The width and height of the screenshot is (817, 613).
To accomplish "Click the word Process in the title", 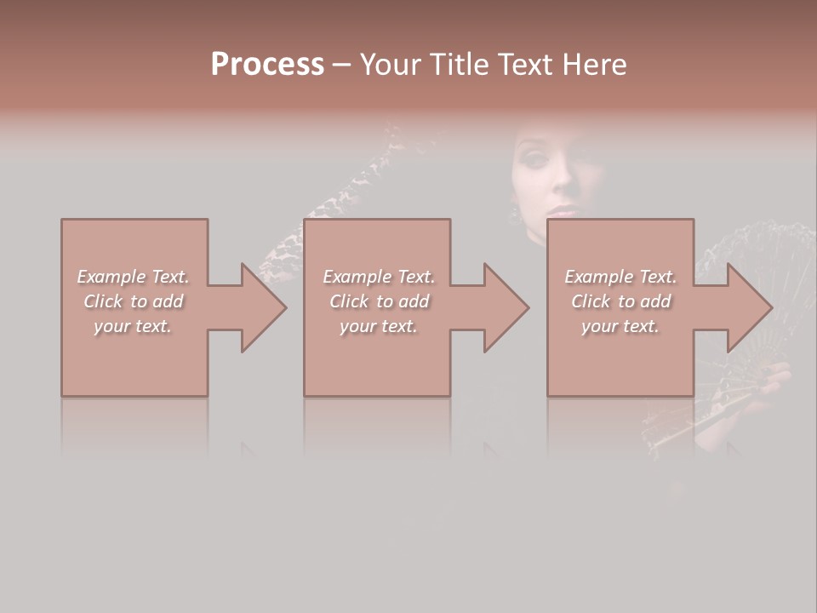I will click(267, 65).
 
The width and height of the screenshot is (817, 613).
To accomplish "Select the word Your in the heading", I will click(391, 65).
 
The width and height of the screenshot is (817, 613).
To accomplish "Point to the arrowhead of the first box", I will click(260, 307).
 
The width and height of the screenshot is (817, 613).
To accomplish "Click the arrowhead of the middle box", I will click(504, 307).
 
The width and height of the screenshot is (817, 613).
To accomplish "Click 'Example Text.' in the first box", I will click(133, 277).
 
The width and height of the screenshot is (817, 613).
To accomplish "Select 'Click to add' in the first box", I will click(134, 301).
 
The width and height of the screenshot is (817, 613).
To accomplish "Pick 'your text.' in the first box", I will click(133, 326).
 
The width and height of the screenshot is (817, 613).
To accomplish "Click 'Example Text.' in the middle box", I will click(379, 277).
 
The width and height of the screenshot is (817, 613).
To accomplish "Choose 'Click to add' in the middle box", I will click(380, 301).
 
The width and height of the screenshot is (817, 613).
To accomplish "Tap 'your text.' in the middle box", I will click(379, 326).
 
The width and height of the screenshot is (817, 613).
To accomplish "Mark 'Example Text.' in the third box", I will click(620, 277).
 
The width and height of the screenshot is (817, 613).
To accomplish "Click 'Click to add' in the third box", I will click(621, 301).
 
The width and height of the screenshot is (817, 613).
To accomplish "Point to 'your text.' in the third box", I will click(620, 326).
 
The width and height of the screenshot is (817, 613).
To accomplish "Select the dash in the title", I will click(341, 65).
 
